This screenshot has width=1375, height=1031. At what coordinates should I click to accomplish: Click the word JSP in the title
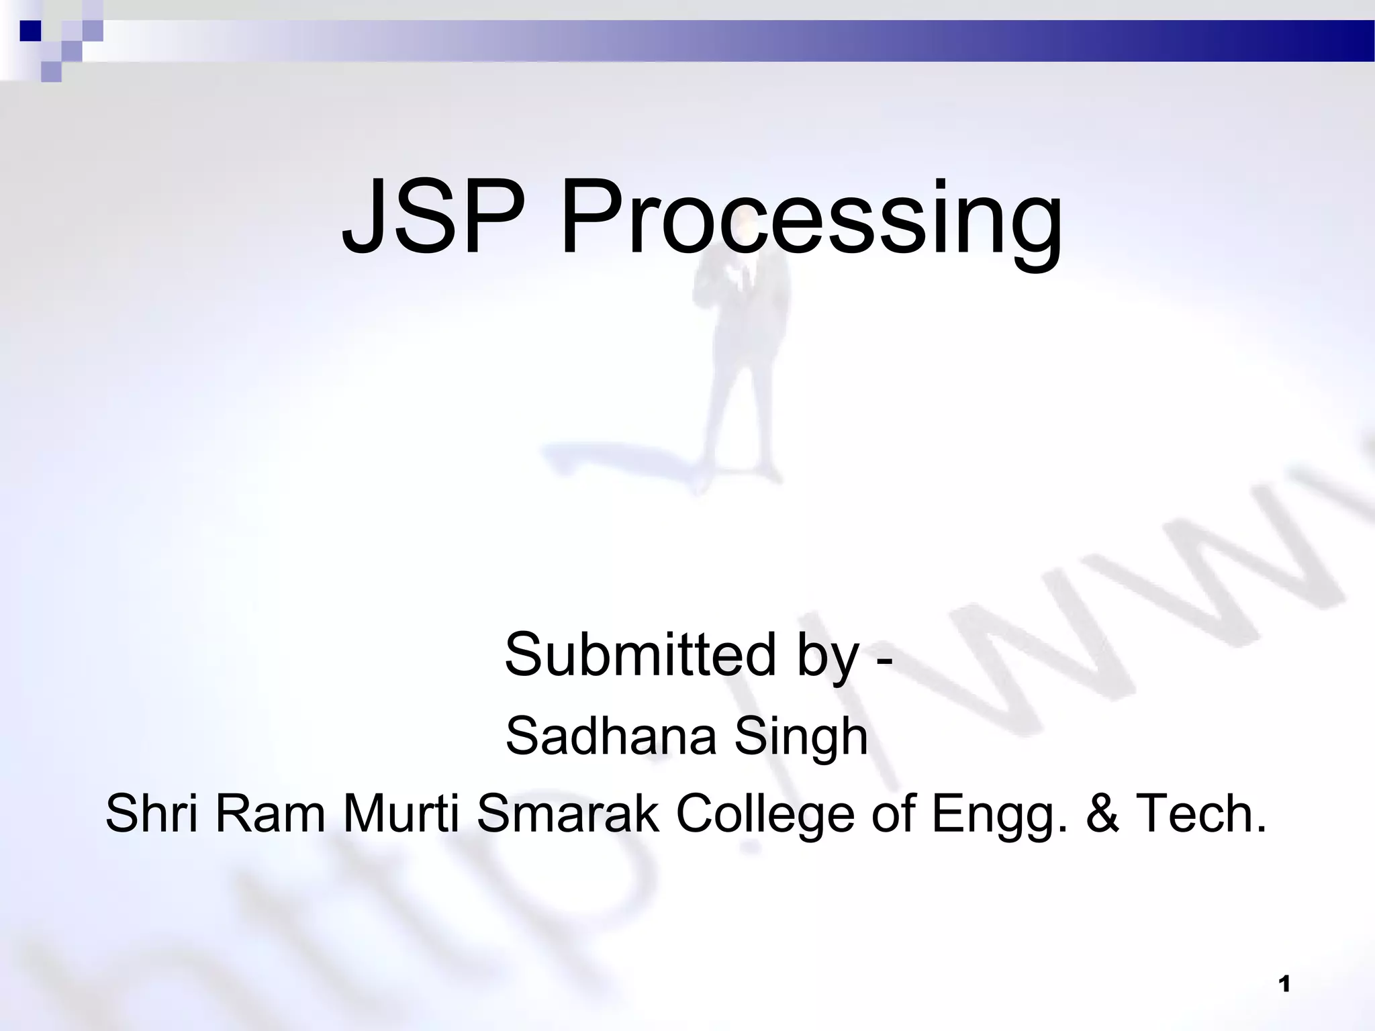pyautogui.click(x=433, y=216)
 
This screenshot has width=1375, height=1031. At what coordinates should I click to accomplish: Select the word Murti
pyautogui.click(x=401, y=813)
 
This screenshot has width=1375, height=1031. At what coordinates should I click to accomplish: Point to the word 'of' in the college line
pyautogui.click(x=893, y=813)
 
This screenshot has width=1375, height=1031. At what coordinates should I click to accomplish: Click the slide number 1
pyautogui.click(x=1285, y=985)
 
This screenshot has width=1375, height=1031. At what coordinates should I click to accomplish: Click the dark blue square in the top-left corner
pyautogui.click(x=31, y=31)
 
